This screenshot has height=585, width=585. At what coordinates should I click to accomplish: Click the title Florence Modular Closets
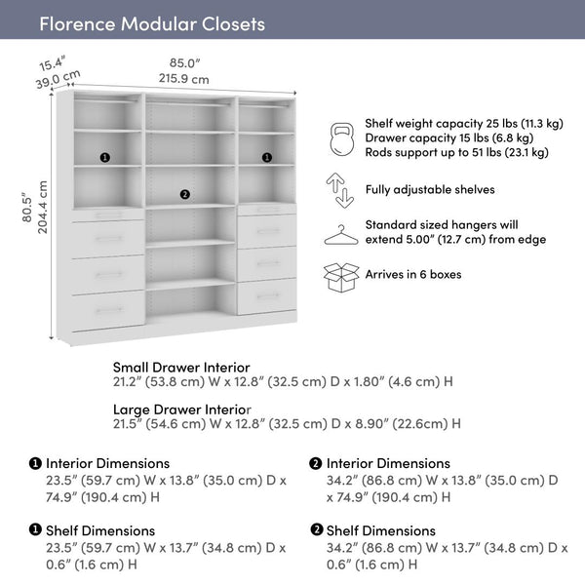point(151,23)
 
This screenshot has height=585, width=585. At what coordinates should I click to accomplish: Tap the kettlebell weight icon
point(340,138)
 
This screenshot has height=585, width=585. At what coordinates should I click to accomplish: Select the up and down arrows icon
point(340,190)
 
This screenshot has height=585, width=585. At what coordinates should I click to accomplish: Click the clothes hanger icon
point(340,234)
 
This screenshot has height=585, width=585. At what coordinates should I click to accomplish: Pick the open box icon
point(340,277)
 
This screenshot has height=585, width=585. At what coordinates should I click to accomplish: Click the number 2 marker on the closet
point(185,194)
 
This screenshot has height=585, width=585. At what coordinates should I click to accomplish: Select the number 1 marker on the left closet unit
point(105,157)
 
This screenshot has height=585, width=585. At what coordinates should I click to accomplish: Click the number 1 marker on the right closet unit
point(266,157)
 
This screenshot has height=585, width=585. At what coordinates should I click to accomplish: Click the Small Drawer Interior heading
point(181,368)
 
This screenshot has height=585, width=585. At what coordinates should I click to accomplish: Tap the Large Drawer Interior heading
point(181,409)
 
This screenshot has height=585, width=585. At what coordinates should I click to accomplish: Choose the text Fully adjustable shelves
point(430,190)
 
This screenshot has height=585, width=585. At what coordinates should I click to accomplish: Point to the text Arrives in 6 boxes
point(413,275)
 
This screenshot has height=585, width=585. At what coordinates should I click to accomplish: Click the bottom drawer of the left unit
point(108,310)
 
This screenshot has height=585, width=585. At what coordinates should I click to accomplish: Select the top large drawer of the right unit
point(266,231)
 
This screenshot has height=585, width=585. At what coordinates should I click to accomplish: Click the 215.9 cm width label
point(183,79)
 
